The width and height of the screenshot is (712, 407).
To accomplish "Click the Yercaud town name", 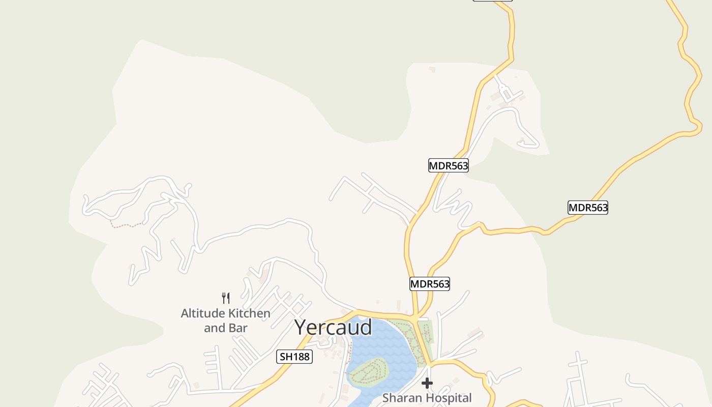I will [333, 327].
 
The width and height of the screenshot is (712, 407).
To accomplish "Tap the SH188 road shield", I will [294, 357].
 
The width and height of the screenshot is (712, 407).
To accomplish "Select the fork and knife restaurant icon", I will [226, 298].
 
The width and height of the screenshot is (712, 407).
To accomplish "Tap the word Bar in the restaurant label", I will [238, 328].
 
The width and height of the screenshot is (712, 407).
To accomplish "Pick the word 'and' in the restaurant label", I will [215, 328].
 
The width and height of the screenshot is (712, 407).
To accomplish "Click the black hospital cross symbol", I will [427, 383].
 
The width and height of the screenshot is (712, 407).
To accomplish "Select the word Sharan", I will [401, 398].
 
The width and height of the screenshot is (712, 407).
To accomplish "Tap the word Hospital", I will [448, 398].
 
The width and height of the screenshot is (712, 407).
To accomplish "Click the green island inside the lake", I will [368, 370].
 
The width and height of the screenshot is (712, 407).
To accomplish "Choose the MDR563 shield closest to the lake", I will [430, 284].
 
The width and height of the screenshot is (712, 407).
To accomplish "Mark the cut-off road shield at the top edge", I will [492, 1].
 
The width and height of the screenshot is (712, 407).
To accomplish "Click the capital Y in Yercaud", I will [302, 327].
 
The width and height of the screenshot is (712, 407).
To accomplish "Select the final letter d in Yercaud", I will [365, 327].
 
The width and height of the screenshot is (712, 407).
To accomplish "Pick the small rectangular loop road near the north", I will [505, 93].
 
